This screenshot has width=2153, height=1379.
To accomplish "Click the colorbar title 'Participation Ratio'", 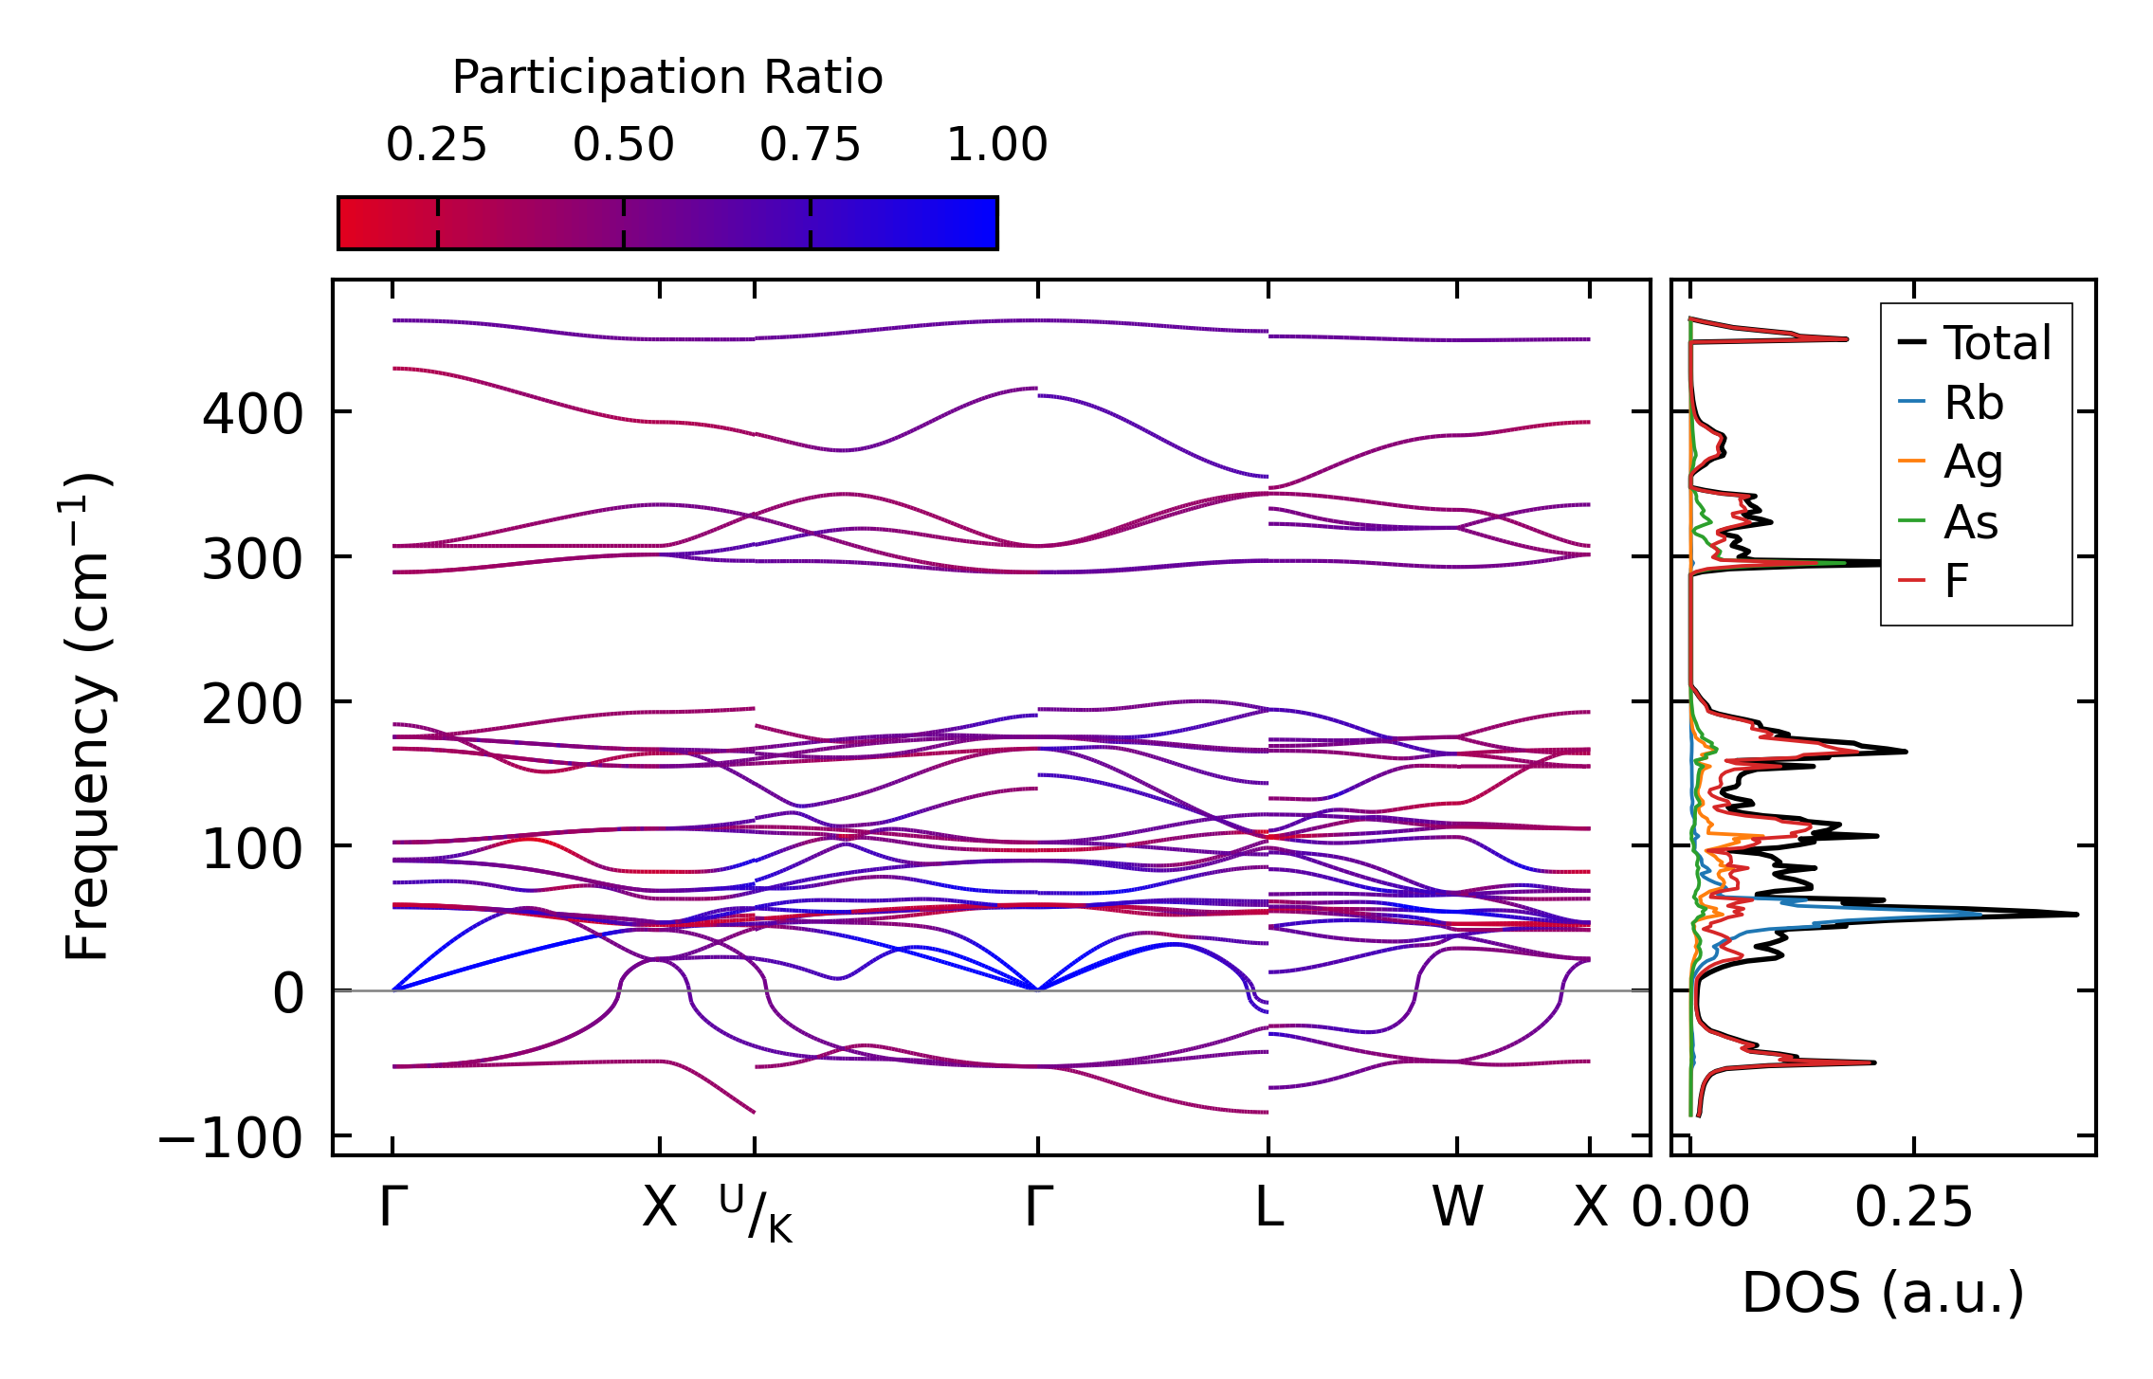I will (x=667, y=78).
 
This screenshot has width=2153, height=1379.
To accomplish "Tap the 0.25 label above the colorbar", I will (x=436, y=145).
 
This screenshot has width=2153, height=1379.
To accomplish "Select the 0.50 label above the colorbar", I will (x=623, y=145).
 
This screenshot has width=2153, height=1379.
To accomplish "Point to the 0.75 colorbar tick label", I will (x=810, y=145).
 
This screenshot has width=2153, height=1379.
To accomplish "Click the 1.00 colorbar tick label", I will (x=996, y=145).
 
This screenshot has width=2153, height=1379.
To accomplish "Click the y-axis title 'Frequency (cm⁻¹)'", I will (x=87, y=717).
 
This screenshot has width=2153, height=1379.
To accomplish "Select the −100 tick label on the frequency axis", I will (x=229, y=1137).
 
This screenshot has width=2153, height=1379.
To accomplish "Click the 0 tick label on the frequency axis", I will (x=288, y=994).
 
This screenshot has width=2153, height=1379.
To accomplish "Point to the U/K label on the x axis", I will (x=756, y=1213).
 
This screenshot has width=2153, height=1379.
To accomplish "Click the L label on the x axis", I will (x=1268, y=1207).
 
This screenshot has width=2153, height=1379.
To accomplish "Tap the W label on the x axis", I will (x=1457, y=1207).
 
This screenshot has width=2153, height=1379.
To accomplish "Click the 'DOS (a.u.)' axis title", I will (x=1883, y=1293).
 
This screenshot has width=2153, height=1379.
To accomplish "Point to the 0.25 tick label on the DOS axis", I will (x=1913, y=1207).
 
